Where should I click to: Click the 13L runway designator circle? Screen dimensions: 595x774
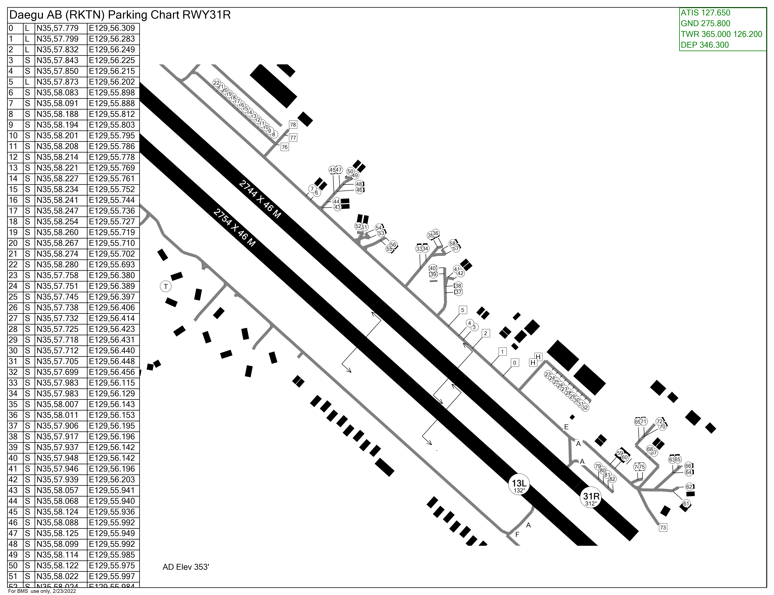coord(519,486)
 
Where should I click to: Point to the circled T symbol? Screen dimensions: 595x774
coord(165,286)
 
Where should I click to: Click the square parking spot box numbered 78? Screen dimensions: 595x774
coord(293,125)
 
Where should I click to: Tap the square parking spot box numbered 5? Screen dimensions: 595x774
coord(462,310)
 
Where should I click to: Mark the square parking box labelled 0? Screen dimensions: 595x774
coord(515,363)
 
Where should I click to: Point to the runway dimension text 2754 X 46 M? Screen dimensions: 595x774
coord(234,228)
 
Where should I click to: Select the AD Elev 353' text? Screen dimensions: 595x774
coord(186,567)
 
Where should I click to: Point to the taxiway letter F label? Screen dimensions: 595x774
coord(517,534)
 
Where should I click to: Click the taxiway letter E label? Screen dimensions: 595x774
coord(566,427)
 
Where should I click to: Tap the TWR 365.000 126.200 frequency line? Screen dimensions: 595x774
coord(721,34)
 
